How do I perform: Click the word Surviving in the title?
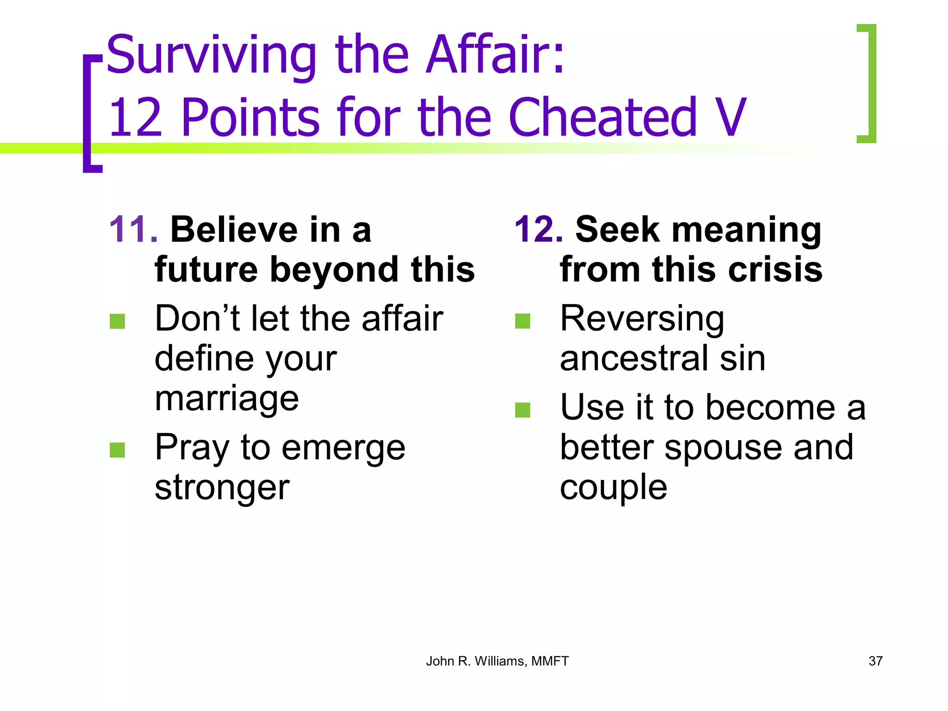[x=211, y=56]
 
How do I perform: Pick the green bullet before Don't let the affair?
[x=118, y=321]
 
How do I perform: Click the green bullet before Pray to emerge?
[x=118, y=449]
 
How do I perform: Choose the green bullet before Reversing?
[x=523, y=321]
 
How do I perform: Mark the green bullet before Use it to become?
[x=523, y=410]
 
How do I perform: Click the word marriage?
[x=226, y=399]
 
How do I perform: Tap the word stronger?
[x=222, y=487]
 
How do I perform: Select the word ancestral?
[x=634, y=358]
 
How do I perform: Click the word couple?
[x=613, y=487]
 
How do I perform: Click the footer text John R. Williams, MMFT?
[x=497, y=661]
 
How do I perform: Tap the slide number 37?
[x=875, y=661]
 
